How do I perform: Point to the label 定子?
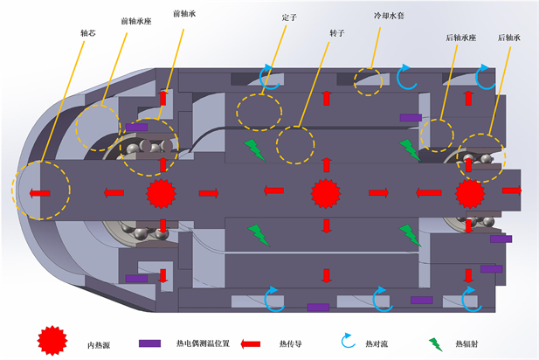click(x=290, y=16)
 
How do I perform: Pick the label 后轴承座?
click(x=459, y=38)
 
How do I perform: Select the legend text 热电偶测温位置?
click(x=203, y=343)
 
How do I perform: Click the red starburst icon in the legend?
click(x=52, y=340)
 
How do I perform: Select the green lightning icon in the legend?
click(x=434, y=343)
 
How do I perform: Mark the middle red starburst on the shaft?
click(x=325, y=191)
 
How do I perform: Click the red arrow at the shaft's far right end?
click(x=512, y=190)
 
